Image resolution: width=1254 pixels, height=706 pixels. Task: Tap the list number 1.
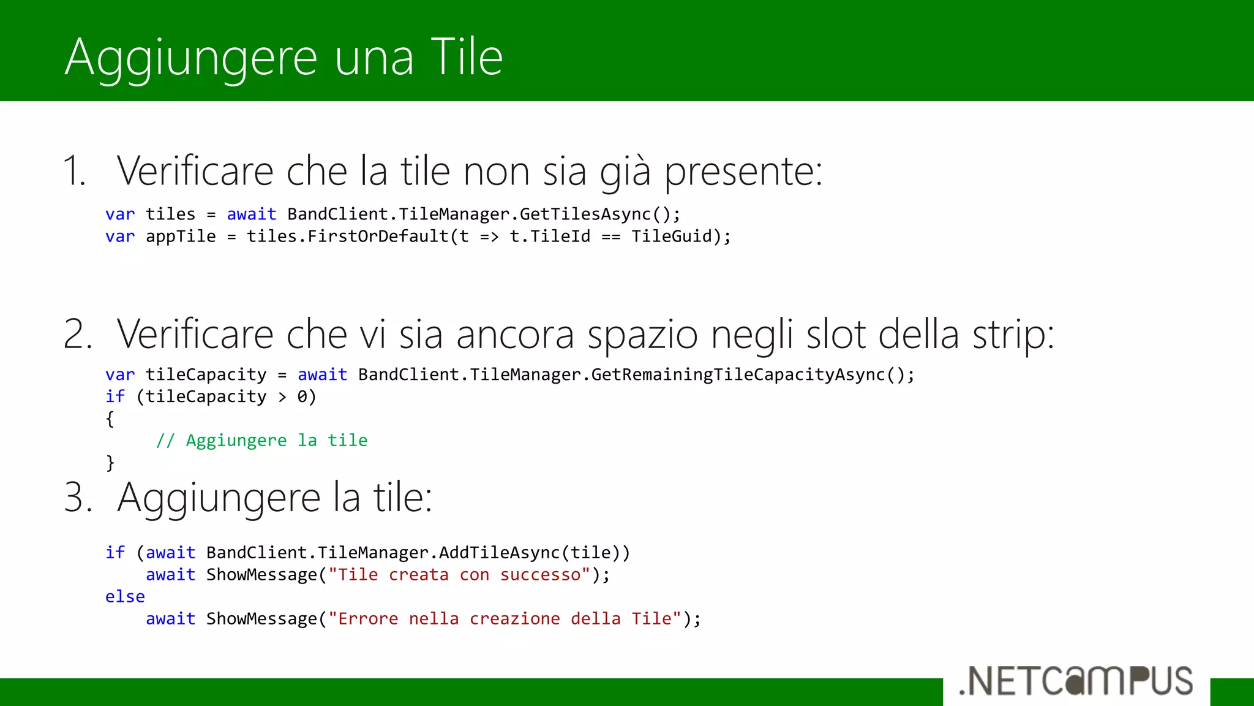(x=74, y=171)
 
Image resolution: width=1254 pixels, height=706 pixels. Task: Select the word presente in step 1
(x=743, y=172)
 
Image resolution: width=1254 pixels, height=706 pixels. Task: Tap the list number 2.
(x=78, y=335)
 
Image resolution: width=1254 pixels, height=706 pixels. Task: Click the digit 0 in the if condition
(x=302, y=397)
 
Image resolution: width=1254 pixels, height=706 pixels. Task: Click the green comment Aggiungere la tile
(x=262, y=441)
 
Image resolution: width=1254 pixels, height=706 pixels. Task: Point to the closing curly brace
(x=110, y=462)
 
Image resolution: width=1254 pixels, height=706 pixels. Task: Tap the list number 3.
(x=78, y=497)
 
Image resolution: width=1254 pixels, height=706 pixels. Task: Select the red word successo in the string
(x=540, y=575)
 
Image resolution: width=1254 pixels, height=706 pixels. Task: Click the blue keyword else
(x=125, y=597)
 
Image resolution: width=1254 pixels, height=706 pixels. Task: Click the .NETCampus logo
(x=1076, y=681)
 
